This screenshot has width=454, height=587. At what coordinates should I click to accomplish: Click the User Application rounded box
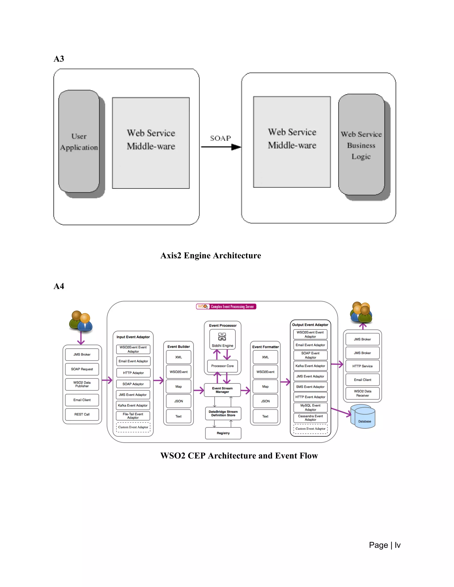[79, 141]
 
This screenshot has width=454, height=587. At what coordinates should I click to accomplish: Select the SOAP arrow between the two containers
[221, 147]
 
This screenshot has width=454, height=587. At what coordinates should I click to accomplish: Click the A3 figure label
[59, 59]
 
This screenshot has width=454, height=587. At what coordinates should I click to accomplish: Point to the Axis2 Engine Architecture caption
[211, 255]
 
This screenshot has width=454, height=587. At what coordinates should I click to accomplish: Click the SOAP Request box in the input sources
[82, 369]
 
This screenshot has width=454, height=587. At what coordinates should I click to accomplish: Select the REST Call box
[82, 414]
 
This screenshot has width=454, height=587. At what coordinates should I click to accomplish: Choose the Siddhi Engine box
[222, 340]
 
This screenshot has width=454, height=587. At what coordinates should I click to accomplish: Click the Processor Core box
[222, 366]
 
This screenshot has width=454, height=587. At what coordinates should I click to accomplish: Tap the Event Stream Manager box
[222, 390]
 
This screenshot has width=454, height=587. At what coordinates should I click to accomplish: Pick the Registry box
[223, 433]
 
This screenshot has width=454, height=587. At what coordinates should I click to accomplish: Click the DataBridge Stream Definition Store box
[223, 413]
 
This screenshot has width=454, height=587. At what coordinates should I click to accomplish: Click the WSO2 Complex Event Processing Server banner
[226, 306]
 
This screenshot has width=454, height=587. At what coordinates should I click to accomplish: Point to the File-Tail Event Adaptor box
[133, 416]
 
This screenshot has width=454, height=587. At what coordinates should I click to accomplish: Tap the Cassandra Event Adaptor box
[310, 418]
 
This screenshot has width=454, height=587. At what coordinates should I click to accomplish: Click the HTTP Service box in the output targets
[362, 366]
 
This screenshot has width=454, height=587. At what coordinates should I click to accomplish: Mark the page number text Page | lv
[385, 545]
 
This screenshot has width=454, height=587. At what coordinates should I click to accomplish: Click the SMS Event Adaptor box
[310, 387]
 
